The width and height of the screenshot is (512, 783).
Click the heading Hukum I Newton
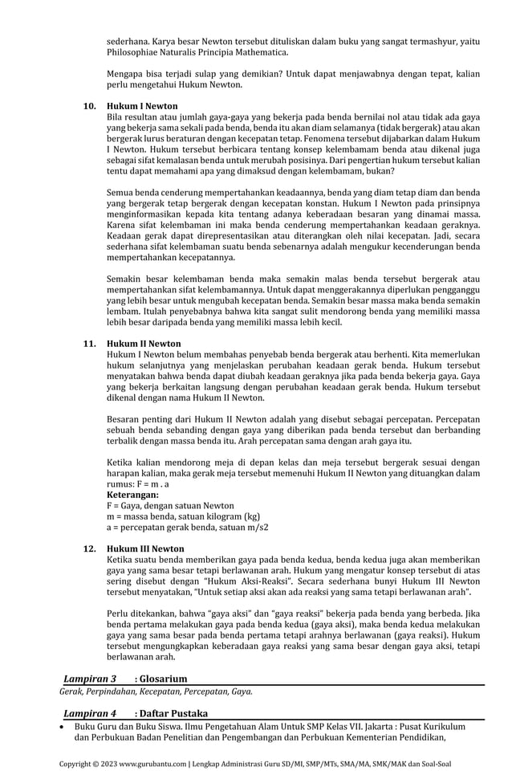pyautogui.click(x=142, y=106)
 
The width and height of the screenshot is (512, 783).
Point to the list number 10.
pyautogui.click(x=90, y=106)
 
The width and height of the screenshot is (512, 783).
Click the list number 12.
pyautogui.click(x=90, y=549)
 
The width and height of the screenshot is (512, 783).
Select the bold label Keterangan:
pyautogui.click(x=132, y=495)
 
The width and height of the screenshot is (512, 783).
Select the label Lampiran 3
pyautogui.click(x=90, y=679)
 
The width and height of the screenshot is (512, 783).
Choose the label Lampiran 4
pyautogui.click(x=90, y=713)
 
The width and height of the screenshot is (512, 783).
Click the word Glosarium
pyautogui.click(x=165, y=679)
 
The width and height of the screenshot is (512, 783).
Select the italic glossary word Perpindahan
pyautogui.click(x=115, y=691)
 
